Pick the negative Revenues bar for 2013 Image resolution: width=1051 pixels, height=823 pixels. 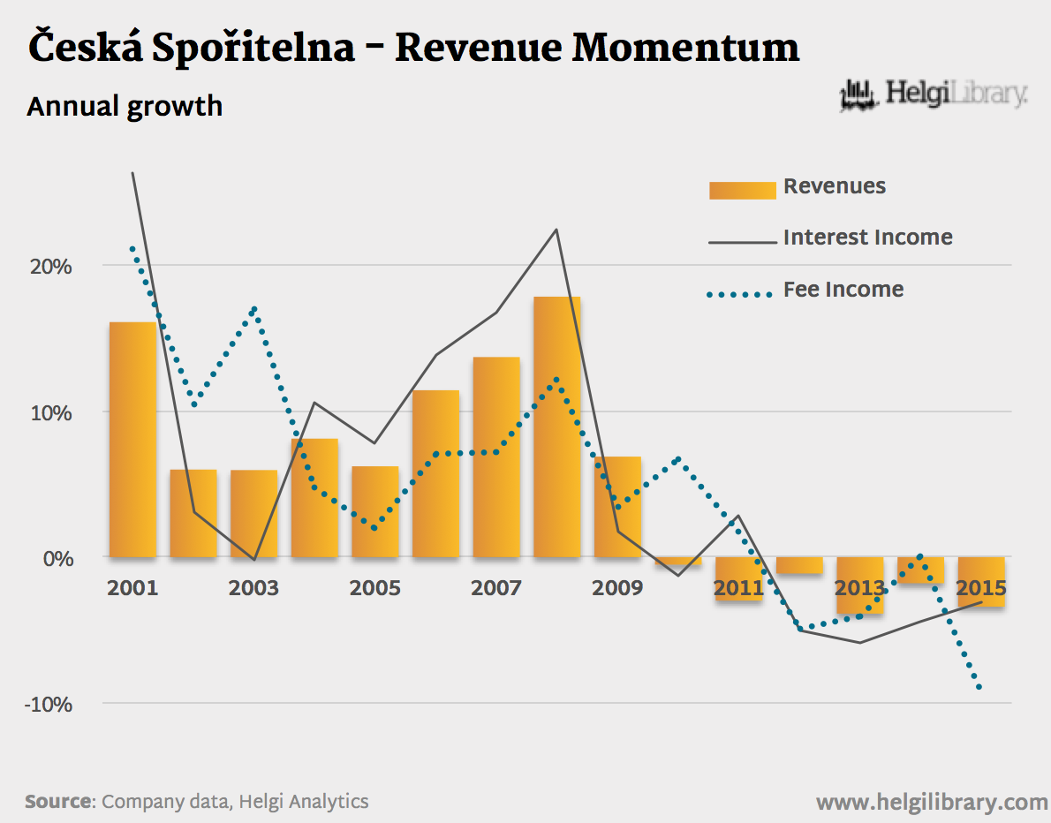pos(859,585)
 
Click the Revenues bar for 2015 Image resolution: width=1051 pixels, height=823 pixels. pos(981,582)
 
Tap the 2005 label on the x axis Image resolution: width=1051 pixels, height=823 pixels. pos(374,588)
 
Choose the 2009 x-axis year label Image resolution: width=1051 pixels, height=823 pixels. pos(617,588)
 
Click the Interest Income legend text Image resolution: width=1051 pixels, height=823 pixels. pos(867,238)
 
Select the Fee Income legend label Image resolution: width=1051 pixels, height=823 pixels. pos(843,290)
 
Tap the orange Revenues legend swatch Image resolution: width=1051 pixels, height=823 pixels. pos(742,189)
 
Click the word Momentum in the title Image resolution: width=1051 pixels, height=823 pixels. pos(685,49)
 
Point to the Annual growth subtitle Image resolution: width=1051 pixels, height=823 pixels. pos(125,107)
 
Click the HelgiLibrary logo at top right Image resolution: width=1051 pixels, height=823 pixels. pos(933,94)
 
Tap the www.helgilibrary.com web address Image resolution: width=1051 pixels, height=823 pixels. pos(931,802)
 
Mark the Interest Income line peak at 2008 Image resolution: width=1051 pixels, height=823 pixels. pos(556,230)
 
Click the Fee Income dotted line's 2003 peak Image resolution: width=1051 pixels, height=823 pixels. pos(254,309)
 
